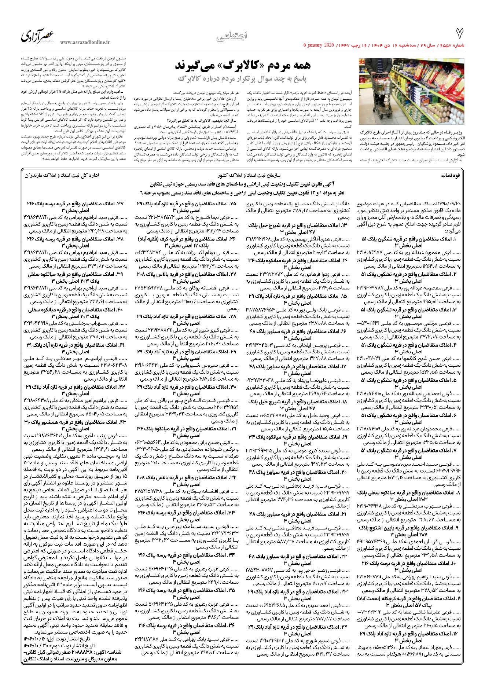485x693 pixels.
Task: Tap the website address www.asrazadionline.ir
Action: (x=85, y=43)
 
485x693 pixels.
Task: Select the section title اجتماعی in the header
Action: (x=232, y=36)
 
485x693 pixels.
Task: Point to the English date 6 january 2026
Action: (x=319, y=45)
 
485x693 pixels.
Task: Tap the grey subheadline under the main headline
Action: (x=242, y=78)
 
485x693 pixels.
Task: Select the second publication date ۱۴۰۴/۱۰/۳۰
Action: (x=33, y=646)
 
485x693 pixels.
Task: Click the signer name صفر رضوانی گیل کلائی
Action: (x=47, y=652)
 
